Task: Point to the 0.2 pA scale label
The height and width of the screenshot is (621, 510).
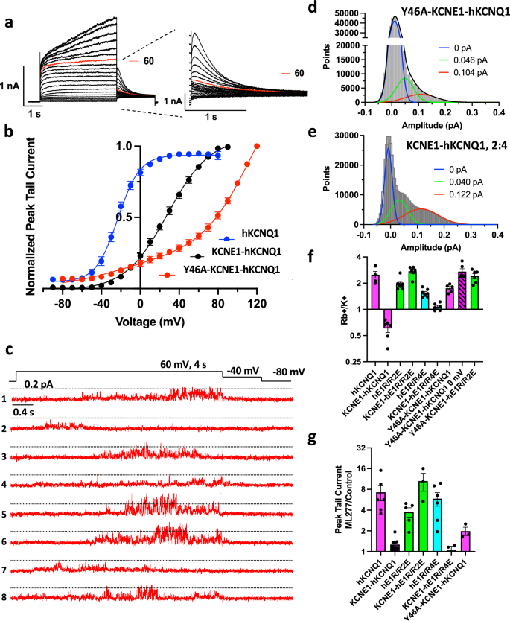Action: pyautogui.click(x=39, y=384)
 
